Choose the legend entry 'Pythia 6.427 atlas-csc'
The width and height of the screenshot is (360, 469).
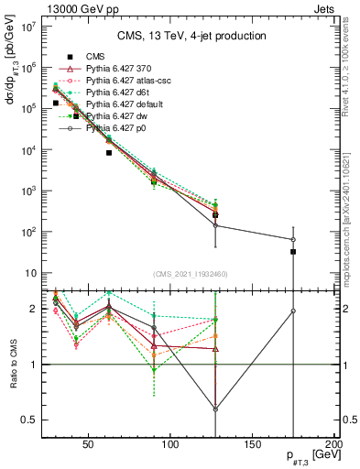(x=134, y=81)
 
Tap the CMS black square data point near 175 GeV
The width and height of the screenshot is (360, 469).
(x=293, y=251)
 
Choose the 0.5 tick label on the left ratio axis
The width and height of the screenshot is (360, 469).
(x=29, y=420)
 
